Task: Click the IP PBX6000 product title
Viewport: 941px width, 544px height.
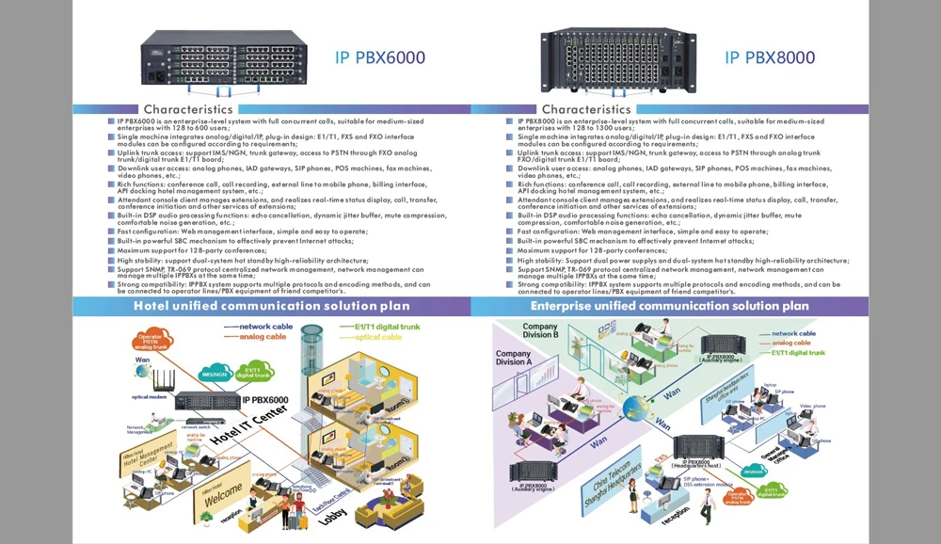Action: (379, 57)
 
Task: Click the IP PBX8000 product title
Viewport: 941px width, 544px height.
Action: (770, 57)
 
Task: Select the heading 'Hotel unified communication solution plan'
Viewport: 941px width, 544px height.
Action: (271, 306)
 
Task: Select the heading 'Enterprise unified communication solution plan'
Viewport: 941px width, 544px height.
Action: (669, 306)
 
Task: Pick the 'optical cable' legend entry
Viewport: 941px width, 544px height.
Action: (378, 337)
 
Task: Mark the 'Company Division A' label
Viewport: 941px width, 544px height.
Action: (514, 359)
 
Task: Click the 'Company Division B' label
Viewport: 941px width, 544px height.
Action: (540, 330)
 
